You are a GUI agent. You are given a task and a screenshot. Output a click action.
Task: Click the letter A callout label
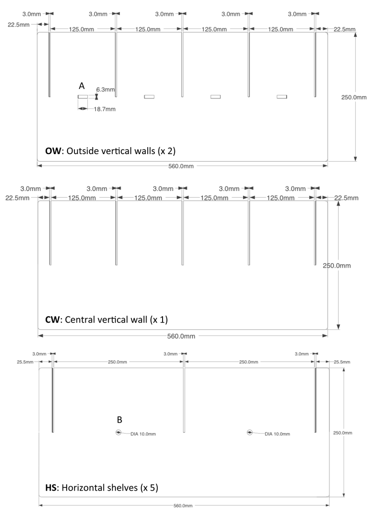pos(81,86)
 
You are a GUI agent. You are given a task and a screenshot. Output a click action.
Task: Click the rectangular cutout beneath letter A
pos(83,96)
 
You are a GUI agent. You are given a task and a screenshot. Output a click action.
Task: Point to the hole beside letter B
pos(119,432)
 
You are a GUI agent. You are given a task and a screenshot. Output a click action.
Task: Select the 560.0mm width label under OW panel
pos(183,165)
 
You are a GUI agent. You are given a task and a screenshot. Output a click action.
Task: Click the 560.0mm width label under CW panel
pos(183,336)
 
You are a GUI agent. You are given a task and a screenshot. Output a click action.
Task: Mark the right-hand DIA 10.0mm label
pos(277,434)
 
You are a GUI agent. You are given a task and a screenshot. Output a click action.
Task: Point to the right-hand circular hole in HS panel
pos(250,432)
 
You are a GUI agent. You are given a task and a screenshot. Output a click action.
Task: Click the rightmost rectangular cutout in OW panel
pos(282,96)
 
